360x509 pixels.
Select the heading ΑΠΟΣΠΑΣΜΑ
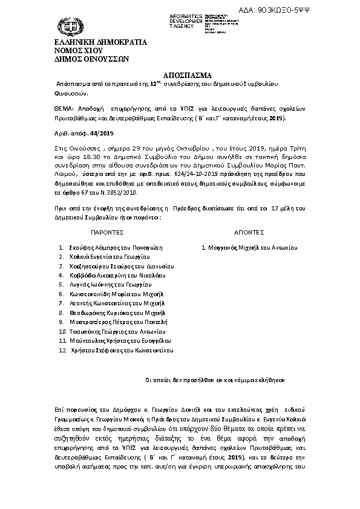[x=180, y=76]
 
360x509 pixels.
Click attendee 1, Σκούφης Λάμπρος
[x=111, y=248]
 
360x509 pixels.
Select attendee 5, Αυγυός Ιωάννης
[x=109, y=284]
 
